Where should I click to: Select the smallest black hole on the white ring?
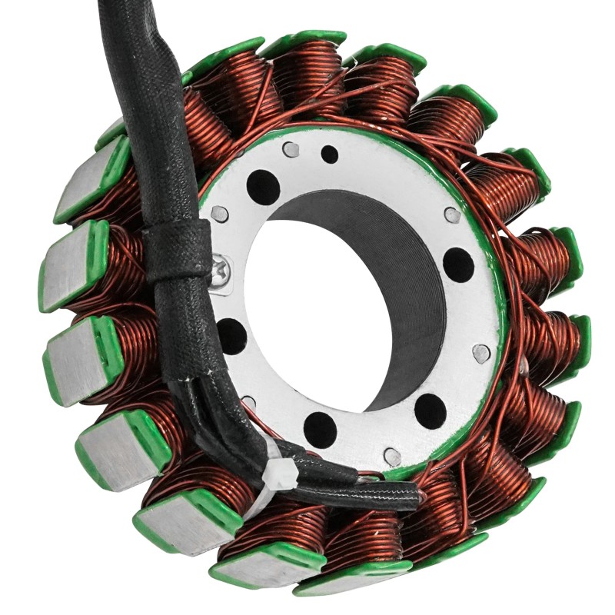(329, 154)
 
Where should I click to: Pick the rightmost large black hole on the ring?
(458, 264)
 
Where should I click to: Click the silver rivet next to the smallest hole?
(291, 149)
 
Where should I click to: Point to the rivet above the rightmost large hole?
(453, 215)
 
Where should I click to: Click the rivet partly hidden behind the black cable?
(248, 402)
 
